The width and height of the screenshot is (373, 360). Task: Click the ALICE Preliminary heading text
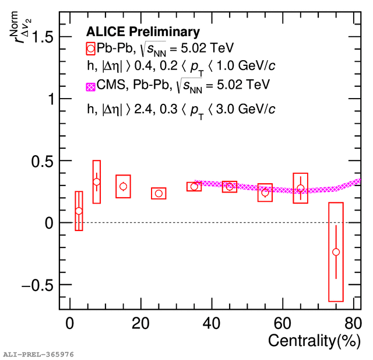(x=143, y=32)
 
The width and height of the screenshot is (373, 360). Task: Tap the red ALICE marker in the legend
(x=90, y=48)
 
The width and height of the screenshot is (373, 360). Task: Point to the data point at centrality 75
(x=336, y=252)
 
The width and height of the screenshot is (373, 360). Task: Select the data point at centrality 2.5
(x=79, y=211)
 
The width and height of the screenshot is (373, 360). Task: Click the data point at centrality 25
(x=159, y=193)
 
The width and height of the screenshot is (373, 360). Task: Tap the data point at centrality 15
(x=123, y=187)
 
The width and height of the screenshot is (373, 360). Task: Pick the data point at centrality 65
(x=300, y=188)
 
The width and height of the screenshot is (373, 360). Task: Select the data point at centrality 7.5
(x=97, y=182)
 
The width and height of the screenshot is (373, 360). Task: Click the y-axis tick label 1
(x=52, y=99)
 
